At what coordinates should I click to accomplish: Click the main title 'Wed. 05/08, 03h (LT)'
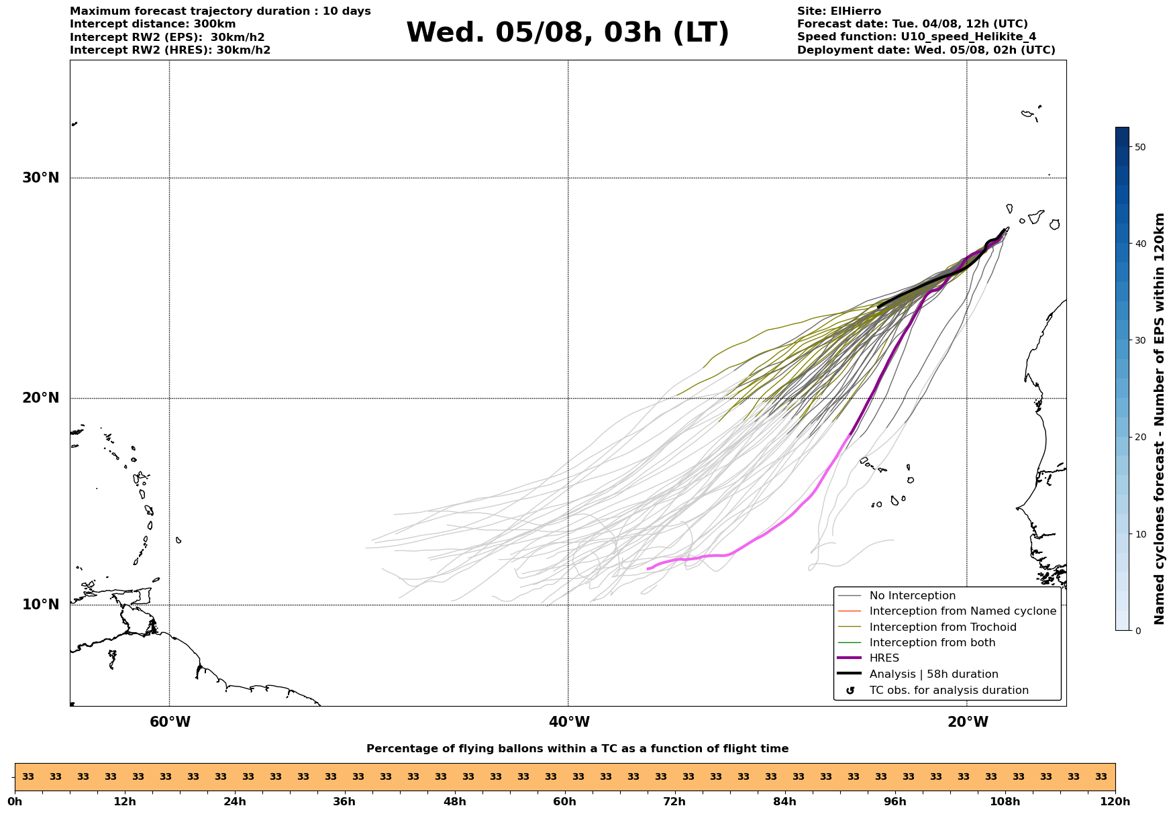pyautogui.click(x=567, y=33)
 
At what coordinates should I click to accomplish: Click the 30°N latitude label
pyautogui.click(x=40, y=178)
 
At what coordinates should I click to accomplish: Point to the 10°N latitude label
pyautogui.click(x=40, y=605)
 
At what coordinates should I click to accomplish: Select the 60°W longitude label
pyautogui.click(x=170, y=722)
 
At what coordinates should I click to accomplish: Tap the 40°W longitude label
pyautogui.click(x=569, y=722)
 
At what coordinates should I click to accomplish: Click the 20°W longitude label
pyautogui.click(x=968, y=722)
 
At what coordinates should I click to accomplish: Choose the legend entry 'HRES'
pyautogui.click(x=884, y=658)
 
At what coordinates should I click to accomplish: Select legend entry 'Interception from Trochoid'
pyautogui.click(x=943, y=627)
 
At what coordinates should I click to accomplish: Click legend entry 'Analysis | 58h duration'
pyautogui.click(x=933, y=674)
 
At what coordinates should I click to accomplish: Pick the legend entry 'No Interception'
pyautogui.click(x=913, y=596)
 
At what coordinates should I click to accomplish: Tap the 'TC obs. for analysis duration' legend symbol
pyautogui.click(x=850, y=691)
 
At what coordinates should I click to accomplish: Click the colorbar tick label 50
pyautogui.click(x=1140, y=147)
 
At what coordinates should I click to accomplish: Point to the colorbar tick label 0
pyautogui.click(x=1137, y=631)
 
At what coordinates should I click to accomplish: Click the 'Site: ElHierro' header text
pyautogui.click(x=839, y=11)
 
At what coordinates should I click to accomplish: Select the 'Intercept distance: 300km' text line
pyautogui.click(x=152, y=24)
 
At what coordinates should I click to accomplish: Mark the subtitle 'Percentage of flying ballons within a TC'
pyautogui.click(x=496, y=749)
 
